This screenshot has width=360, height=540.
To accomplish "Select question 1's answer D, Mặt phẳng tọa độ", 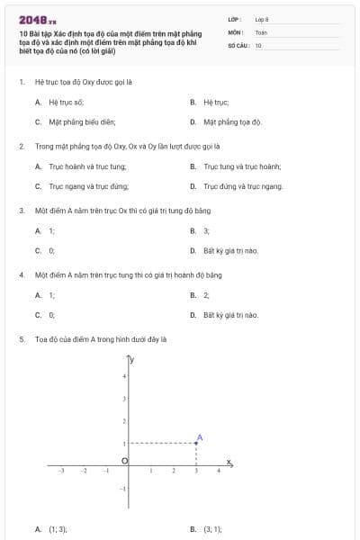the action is coord(231,121).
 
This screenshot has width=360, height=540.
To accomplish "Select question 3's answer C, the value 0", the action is coord(51,250).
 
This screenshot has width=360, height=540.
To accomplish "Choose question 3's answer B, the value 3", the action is coord(206,231).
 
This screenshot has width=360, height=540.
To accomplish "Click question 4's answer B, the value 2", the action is coord(206,295).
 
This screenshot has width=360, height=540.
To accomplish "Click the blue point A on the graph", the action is coord(197,443).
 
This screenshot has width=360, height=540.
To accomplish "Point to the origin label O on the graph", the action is coord(124,461).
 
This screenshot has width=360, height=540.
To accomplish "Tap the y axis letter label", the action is coord(132,360).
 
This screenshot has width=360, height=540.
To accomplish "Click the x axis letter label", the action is coord(229,463).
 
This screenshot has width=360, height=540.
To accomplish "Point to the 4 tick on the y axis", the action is coord(124,375).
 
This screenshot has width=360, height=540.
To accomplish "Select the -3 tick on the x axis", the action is coord(60,471).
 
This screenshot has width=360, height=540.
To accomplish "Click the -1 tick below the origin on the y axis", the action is coord(123,489).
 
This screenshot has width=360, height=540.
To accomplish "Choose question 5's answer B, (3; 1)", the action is coord(211,530).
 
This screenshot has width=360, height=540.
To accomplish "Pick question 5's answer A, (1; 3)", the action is coord(58,530).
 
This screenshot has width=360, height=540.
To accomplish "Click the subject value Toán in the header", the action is coord(261,31).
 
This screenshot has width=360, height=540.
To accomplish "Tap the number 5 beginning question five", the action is coord(21,340).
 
